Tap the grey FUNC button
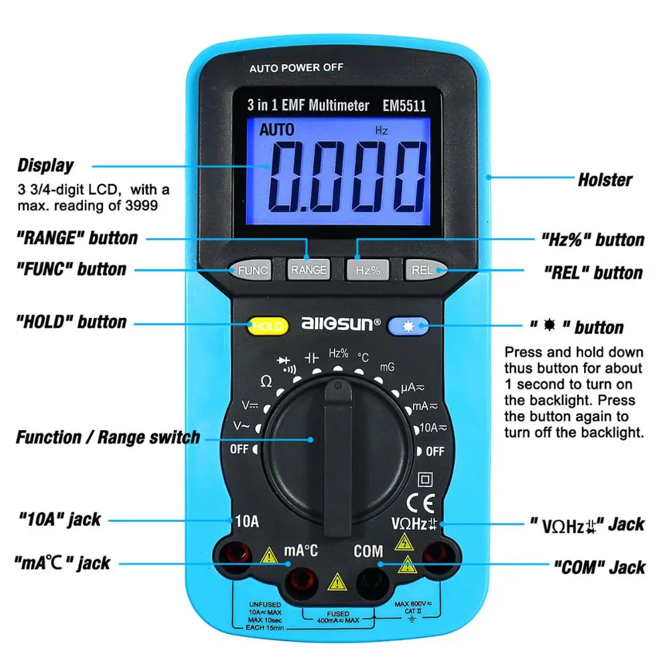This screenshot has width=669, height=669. pyautogui.click(x=252, y=270)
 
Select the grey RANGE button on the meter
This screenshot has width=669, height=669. pyautogui.click(x=308, y=270)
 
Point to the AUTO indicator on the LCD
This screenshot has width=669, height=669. pyautogui.click(x=277, y=129)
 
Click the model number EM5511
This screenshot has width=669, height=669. pyautogui.click(x=404, y=105)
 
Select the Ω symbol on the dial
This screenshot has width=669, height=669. pyautogui.click(x=266, y=381)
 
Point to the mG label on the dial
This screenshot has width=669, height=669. pyautogui.click(x=387, y=367)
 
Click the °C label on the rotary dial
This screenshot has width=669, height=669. pyautogui.click(x=363, y=358)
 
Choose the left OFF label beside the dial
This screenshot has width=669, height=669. pyautogui.click(x=239, y=449)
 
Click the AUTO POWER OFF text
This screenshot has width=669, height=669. pyautogui.click(x=296, y=68)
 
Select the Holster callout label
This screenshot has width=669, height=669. pyautogui.click(x=604, y=179)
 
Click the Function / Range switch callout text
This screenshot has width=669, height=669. pyautogui.click(x=108, y=438)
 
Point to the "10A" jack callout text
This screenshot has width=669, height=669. pyautogui.click(x=58, y=518)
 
